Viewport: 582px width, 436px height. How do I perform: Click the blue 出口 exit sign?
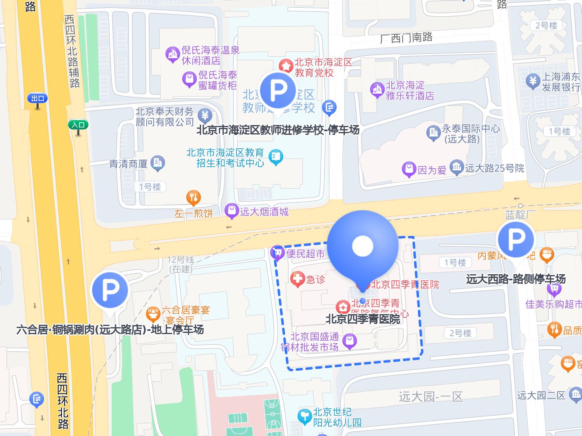pos(37,98)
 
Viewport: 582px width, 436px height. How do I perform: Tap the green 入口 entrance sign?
pos(78,125)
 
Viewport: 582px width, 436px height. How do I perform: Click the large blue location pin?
pos(362,246)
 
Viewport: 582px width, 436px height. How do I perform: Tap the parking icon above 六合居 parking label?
pos(110,290)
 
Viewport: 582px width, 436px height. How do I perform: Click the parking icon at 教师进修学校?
pos(278,91)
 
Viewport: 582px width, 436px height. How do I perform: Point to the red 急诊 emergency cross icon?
pos(298,279)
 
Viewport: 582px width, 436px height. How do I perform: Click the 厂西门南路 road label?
pos(406,38)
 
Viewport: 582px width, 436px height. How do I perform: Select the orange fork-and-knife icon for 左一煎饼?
pos(194,198)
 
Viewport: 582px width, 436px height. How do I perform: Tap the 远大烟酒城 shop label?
pos(264,211)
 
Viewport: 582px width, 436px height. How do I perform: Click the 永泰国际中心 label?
pos(470,133)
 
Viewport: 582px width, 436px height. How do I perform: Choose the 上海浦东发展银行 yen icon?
pos(533,81)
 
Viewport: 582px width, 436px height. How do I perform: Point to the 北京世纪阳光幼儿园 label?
pos(337,417)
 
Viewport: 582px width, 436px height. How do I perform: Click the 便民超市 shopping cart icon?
pos(278,253)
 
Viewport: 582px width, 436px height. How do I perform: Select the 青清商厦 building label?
pos(128,164)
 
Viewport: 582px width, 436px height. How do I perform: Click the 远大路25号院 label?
pos(494,168)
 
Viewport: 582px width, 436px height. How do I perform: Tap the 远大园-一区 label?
pos(431,396)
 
